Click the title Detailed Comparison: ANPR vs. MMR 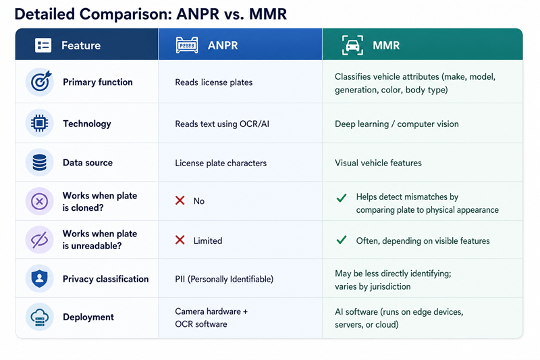click(x=151, y=14)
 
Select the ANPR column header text click(x=223, y=45)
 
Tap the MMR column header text click(x=386, y=45)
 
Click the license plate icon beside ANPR click(x=187, y=45)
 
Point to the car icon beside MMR click(x=352, y=45)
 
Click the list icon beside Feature click(x=43, y=45)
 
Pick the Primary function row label click(x=97, y=82)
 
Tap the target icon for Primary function click(x=40, y=81)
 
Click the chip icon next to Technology click(x=39, y=123)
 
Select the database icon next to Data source click(x=39, y=163)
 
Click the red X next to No click(x=180, y=200)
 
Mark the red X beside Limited click(x=180, y=240)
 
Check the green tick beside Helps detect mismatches click(x=342, y=198)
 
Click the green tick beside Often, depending click(x=342, y=240)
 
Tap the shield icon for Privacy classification click(x=39, y=278)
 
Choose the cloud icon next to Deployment click(x=39, y=317)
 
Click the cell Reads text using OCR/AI click(x=222, y=124)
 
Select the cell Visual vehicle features click(x=378, y=163)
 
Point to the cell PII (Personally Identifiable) click(x=224, y=279)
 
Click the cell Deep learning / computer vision click(x=397, y=124)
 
